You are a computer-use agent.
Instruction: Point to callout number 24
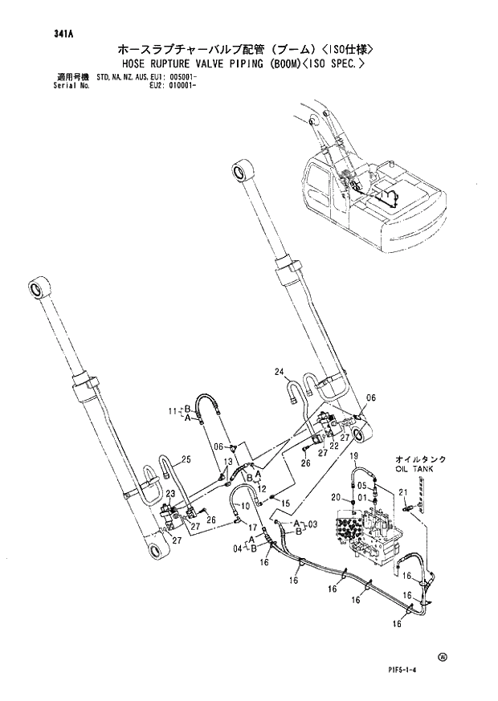pyautogui.click(x=279, y=371)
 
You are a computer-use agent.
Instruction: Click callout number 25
pyautogui.click(x=186, y=459)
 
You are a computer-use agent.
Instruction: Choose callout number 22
pyautogui.click(x=333, y=446)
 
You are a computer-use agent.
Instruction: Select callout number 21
pyautogui.click(x=404, y=492)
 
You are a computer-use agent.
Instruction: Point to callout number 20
pyautogui.click(x=337, y=498)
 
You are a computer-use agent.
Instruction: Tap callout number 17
pyautogui.click(x=251, y=528)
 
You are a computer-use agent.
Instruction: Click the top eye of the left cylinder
pyautogui.click(x=37, y=287)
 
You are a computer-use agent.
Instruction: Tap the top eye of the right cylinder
pyautogui.click(x=240, y=171)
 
